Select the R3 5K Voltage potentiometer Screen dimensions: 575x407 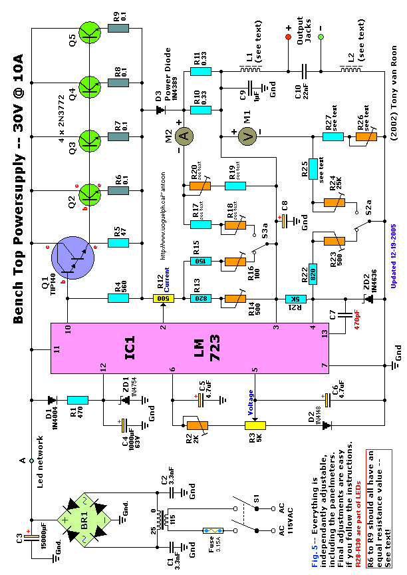255,425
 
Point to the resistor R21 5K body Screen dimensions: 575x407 294,299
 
